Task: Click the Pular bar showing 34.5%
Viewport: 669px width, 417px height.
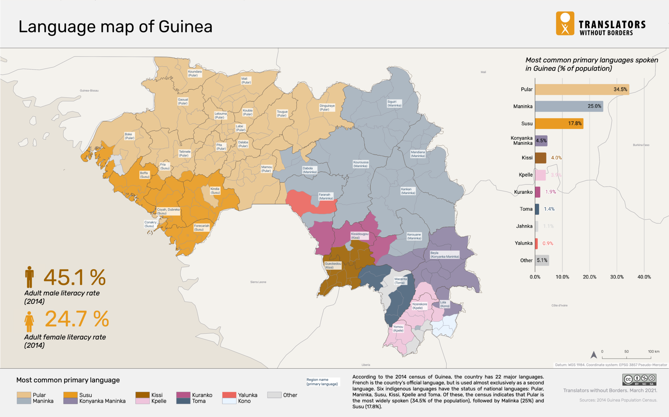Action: point(581,90)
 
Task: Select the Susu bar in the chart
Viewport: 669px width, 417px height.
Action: point(559,124)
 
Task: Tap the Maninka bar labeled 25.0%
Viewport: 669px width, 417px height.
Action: point(568,107)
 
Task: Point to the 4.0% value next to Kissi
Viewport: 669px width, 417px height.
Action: point(556,158)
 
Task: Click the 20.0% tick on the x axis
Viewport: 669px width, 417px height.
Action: point(589,277)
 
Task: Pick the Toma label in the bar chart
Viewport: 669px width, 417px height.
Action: point(526,209)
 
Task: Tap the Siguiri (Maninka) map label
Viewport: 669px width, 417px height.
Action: point(394,104)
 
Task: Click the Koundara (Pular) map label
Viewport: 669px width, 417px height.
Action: point(195,74)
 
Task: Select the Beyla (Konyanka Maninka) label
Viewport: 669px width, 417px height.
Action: point(444,255)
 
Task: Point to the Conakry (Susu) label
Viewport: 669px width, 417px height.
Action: point(150,224)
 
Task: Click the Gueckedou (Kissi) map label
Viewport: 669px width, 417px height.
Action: point(333,265)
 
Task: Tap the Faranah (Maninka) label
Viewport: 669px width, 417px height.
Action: point(326,196)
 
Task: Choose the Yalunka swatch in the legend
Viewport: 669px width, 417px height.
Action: point(229,395)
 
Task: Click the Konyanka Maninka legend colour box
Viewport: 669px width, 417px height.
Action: point(70,401)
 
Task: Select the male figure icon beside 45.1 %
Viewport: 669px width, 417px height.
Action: point(29,277)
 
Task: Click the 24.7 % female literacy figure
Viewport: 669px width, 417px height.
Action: point(77,319)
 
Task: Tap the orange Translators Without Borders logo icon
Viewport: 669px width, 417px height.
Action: point(565,24)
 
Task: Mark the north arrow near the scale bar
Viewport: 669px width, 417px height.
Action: point(594,355)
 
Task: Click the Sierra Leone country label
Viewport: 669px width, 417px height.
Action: point(258,282)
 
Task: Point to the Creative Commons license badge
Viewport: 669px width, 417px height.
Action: point(639,380)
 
